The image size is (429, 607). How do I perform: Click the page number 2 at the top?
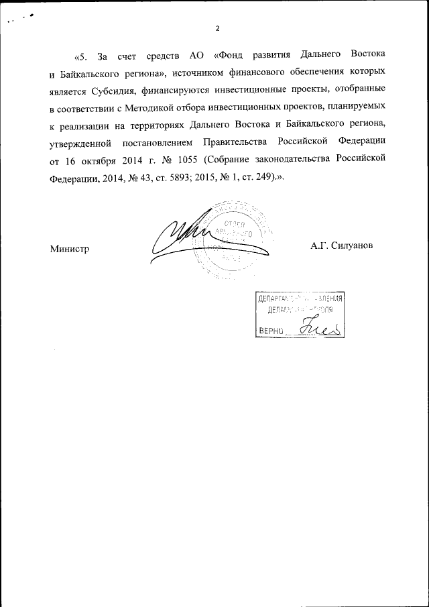pyautogui.click(x=217, y=29)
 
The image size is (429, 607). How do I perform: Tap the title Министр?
pyautogui.click(x=70, y=248)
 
